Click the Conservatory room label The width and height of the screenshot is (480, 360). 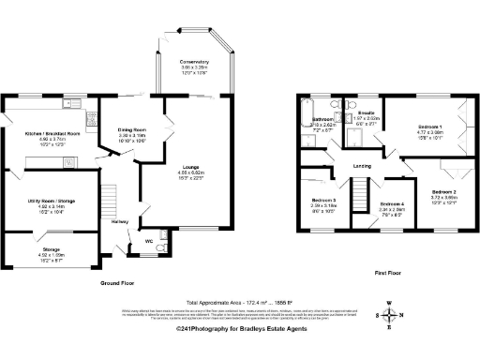(x=194, y=63)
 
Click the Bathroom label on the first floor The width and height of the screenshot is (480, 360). (x=323, y=119)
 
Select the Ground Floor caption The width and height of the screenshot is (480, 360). (x=121, y=282)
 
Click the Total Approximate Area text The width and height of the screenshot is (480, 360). (x=240, y=301)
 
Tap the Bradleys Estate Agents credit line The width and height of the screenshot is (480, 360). (x=240, y=330)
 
